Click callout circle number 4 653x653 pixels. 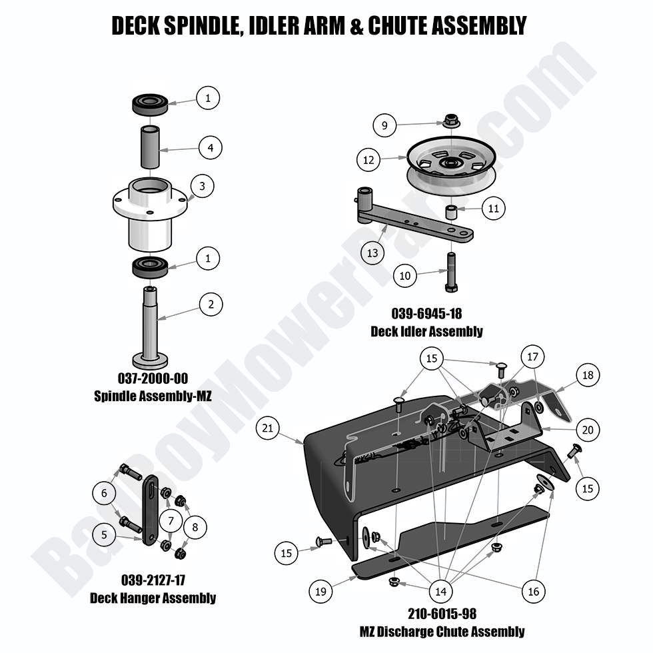pyautogui.click(x=211, y=147)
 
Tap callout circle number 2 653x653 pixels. pyautogui.click(x=211, y=305)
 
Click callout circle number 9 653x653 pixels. pyautogui.click(x=384, y=125)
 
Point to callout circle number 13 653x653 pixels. pyautogui.click(x=372, y=253)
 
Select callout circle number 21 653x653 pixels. pyautogui.click(x=268, y=430)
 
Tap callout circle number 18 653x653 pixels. pyautogui.click(x=587, y=375)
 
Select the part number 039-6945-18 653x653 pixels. pyautogui.click(x=426, y=313)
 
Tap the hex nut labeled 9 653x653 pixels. pyautogui.click(x=450, y=122)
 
